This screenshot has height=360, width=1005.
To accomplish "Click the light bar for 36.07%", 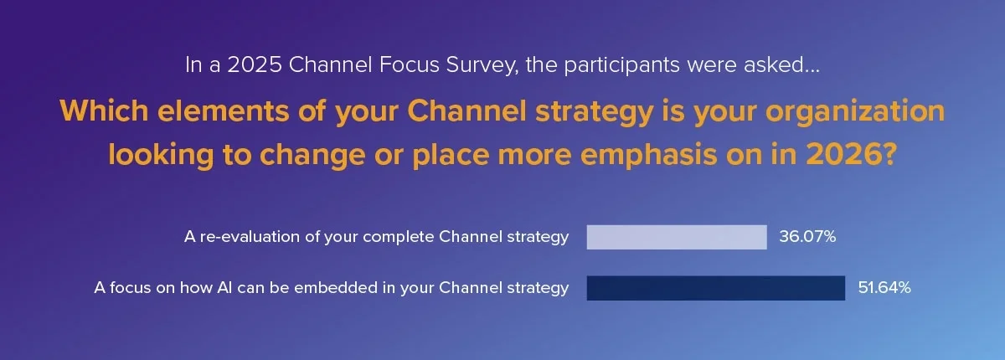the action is click(x=677, y=237).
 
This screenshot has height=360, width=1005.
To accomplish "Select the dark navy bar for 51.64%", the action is click(x=715, y=288).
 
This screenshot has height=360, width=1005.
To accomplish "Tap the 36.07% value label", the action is click(x=807, y=237).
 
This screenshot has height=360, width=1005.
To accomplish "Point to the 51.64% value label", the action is click(x=884, y=288).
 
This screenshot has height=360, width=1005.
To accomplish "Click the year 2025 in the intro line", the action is click(x=255, y=65).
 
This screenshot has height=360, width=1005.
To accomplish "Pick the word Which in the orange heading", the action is click(x=104, y=111).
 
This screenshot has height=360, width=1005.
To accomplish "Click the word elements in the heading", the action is click(x=224, y=111).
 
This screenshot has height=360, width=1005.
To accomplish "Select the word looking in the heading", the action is click(x=161, y=155).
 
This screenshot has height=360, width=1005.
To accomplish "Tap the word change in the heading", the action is click(x=312, y=155).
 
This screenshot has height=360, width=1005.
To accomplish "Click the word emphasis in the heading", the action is click(x=648, y=155).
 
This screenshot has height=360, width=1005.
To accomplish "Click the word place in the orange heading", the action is click(x=451, y=155).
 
